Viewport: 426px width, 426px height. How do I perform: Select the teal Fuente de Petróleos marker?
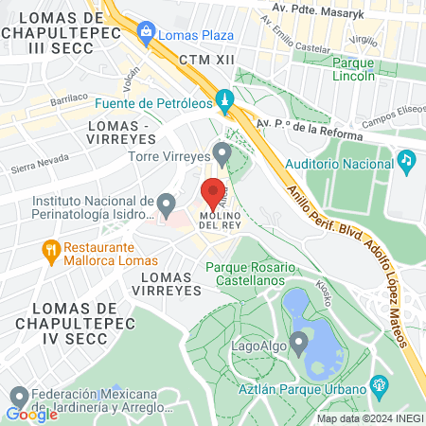pyautogui.click(x=224, y=98)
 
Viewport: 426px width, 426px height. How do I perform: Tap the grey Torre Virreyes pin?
pyautogui.click(x=222, y=151)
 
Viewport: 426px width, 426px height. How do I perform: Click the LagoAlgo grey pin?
pyautogui.click(x=299, y=341)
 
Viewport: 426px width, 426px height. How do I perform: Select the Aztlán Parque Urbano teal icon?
pyautogui.click(x=380, y=386)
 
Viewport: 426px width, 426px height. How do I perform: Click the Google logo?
pyautogui.click(x=31, y=414)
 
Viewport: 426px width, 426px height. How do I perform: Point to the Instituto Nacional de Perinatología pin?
pyautogui.click(x=167, y=204)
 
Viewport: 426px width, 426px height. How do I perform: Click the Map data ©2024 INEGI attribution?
pyautogui.click(x=369, y=418)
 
